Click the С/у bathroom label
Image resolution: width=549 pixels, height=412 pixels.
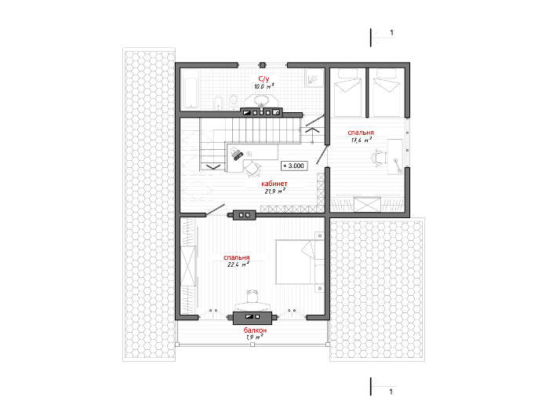264,78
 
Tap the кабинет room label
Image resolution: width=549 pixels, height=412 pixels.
274,184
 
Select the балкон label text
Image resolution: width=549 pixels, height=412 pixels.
255,330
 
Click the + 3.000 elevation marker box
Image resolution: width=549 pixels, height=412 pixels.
294,166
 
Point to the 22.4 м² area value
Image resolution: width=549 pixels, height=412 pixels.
238,264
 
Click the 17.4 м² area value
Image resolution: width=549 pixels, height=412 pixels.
361,140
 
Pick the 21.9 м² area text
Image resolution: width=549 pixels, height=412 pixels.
274,191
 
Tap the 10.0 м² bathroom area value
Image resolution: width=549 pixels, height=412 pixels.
264,86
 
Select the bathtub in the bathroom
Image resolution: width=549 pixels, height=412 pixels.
190,89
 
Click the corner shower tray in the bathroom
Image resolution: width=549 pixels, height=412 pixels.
314,78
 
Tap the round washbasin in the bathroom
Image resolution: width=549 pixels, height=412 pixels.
260,100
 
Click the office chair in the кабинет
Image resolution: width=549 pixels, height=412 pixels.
252,169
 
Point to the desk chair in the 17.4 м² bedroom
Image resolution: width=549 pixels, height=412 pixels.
379,156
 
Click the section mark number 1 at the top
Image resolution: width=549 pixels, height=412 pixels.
392,33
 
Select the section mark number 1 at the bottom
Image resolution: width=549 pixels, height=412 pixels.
391,392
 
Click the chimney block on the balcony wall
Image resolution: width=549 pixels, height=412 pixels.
253,318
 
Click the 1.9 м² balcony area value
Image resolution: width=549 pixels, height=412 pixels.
255,337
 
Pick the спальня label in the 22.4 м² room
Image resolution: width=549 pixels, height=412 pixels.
237,257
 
